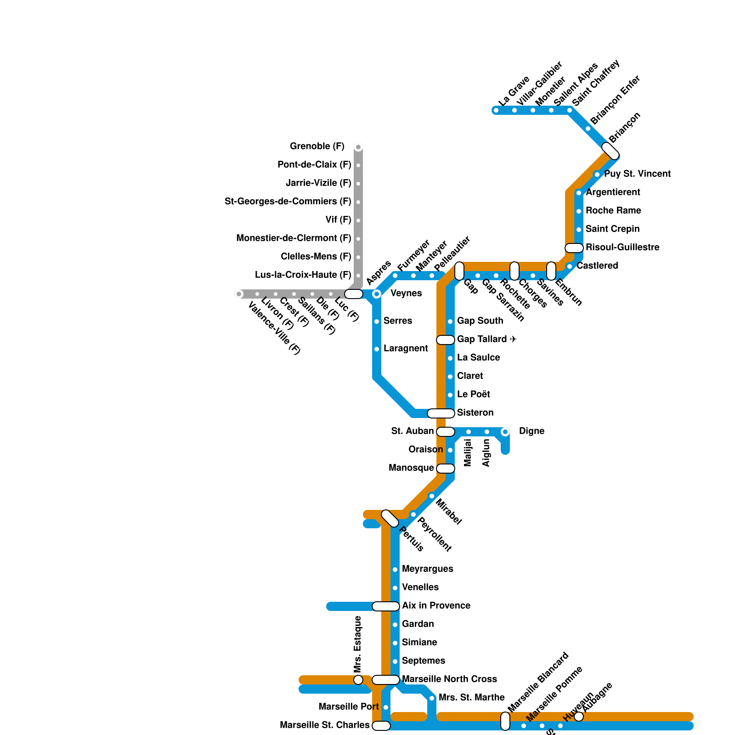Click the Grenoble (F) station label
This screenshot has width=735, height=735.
(317, 147)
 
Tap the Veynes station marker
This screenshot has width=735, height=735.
(377, 294)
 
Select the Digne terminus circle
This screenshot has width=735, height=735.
(505, 432)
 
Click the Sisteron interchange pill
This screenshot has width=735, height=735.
(441, 413)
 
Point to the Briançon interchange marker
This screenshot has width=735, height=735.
(611, 151)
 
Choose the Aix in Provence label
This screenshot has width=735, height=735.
(436, 606)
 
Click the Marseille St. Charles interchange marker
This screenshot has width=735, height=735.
(381, 726)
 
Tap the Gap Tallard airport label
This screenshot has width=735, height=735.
(487, 339)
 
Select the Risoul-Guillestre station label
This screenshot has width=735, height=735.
(622, 248)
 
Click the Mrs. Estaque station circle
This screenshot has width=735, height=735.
(358, 680)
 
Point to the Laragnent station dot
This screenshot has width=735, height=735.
(377, 349)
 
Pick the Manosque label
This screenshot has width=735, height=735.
(411, 468)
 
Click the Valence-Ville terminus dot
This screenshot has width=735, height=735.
(239, 294)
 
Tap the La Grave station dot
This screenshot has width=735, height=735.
(496, 110)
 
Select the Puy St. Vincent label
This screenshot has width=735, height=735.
(637, 174)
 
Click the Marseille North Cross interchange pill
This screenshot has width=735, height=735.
(386, 680)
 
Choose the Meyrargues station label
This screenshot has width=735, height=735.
(427, 569)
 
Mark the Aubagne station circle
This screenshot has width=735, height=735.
(579, 717)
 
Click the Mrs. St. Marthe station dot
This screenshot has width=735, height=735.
(432, 698)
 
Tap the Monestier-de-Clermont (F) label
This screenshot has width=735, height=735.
(294, 238)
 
